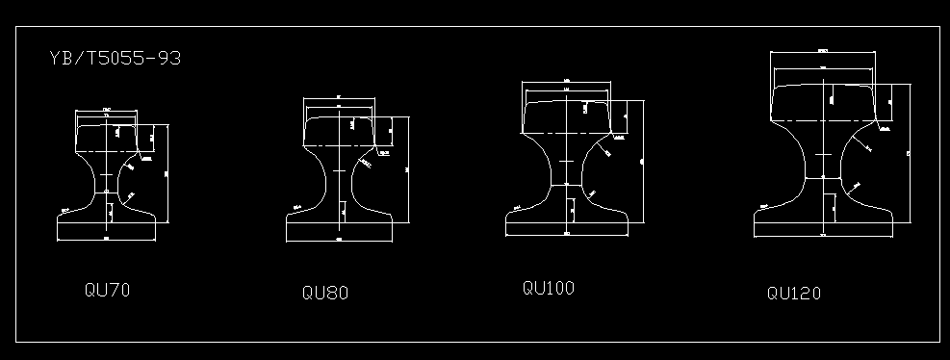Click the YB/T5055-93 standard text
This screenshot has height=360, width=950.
[115, 59]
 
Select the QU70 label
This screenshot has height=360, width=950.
[107, 289]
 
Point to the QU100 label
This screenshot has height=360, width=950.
[549, 287]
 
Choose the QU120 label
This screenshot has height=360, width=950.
[794, 293]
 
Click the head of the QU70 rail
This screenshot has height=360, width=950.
[107, 135]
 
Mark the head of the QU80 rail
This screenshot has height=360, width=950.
[340, 131]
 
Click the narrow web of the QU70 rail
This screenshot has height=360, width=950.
[107, 183]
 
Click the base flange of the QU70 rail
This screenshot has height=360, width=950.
[107, 228]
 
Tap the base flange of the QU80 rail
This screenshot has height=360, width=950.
[340, 231]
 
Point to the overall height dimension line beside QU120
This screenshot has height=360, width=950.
[911, 154]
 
